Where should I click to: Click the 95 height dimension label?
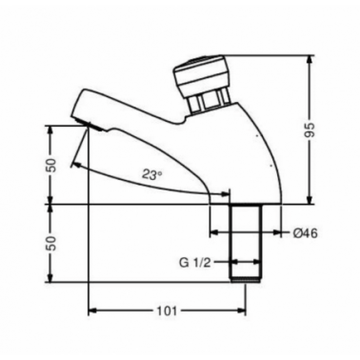tap(310, 130)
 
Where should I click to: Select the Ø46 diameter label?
tap(305, 233)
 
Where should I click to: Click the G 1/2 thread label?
tap(195, 263)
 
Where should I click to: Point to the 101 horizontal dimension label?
tap(167, 310)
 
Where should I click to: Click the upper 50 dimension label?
tap(52, 165)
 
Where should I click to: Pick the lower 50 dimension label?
tap(52, 243)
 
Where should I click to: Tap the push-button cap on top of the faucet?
tap(200, 73)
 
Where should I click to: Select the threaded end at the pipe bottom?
tap(246, 279)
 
